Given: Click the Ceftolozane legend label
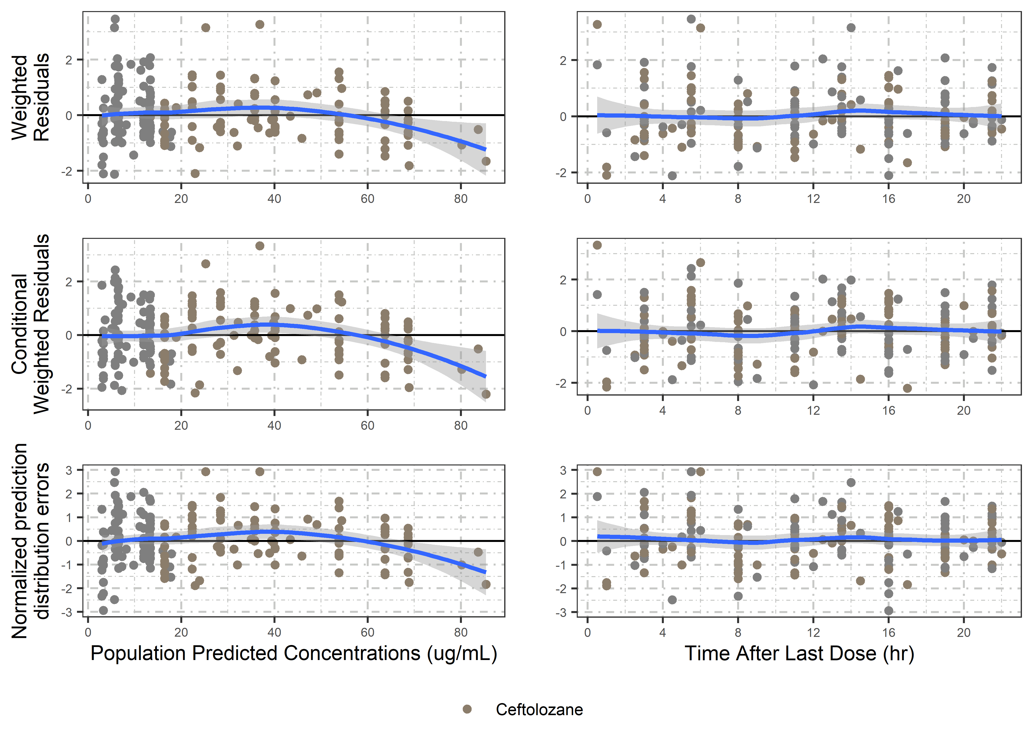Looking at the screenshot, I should pos(539,709).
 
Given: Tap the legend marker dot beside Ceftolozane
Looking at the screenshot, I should pos(467,709).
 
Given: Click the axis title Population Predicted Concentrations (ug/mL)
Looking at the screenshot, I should pos(293,653).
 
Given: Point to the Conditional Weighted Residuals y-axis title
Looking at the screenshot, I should pos(30,323).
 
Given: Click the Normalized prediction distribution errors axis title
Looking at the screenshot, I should pos(30,541).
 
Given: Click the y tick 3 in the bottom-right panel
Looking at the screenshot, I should pos(563,470).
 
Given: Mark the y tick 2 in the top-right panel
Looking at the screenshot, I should pos(563,61).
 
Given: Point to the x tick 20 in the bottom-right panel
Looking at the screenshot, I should pos(963,632).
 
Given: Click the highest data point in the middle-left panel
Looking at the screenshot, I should pos(260,246).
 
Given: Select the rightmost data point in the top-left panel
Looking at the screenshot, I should pos(486,161).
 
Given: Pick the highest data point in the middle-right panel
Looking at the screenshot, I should pos(597,246).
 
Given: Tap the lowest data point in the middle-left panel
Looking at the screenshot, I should pos(486,394).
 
